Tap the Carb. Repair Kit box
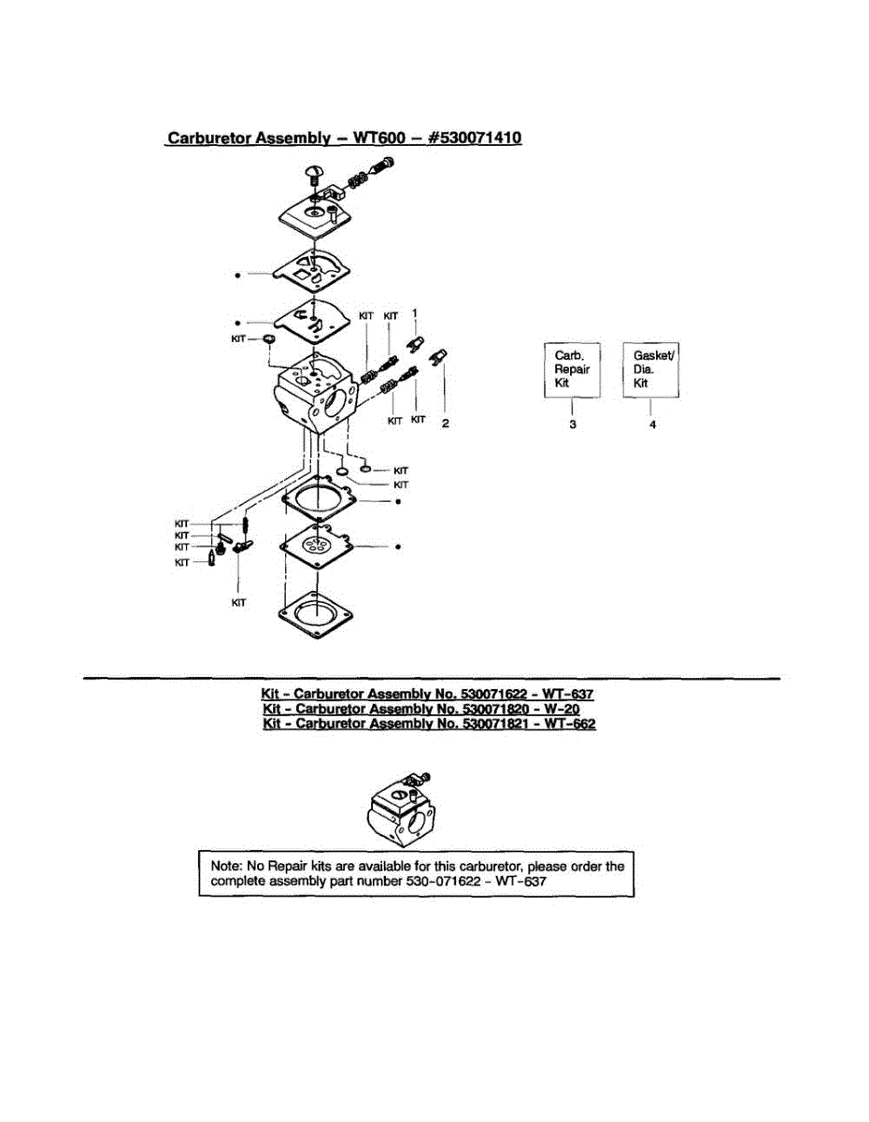pos(572,370)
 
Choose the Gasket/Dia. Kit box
pos(651,370)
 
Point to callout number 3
pos(572,424)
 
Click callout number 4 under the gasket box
pos(652,424)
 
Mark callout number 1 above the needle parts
pos(416,313)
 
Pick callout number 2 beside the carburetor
pos(446,423)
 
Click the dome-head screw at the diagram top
pos(314,173)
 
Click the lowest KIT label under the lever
pos(239,603)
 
